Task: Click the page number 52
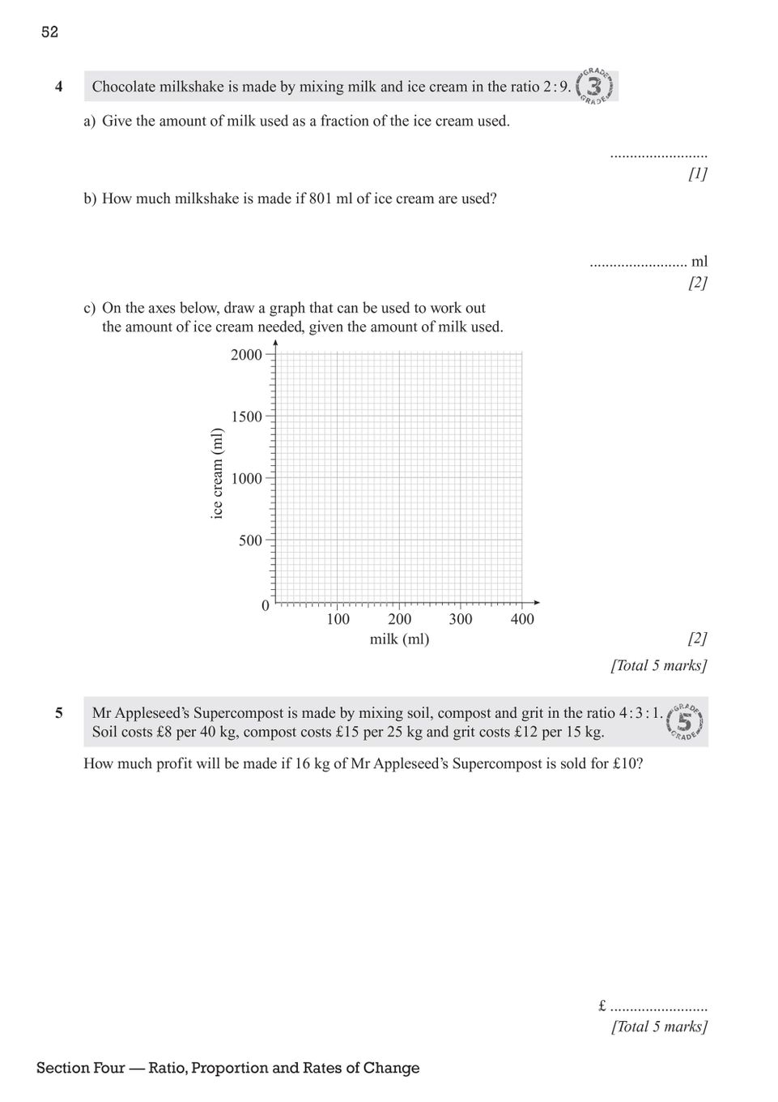(49, 32)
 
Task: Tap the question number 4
(59, 87)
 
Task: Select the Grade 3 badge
(596, 87)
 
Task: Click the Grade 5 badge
(685, 720)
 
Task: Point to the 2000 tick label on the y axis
(246, 355)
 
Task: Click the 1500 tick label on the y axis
(246, 416)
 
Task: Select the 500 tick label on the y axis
(250, 540)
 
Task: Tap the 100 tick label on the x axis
(338, 620)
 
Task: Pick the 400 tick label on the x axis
(522, 620)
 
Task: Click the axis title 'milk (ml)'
(399, 639)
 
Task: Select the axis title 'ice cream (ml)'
(216, 474)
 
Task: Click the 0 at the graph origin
(265, 606)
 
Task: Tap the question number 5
(59, 714)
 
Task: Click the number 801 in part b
(321, 199)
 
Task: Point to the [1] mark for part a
(697, 173)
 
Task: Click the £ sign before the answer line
(602, 1006)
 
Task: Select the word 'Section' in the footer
(63, 1068)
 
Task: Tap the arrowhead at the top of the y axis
(276, 343)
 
